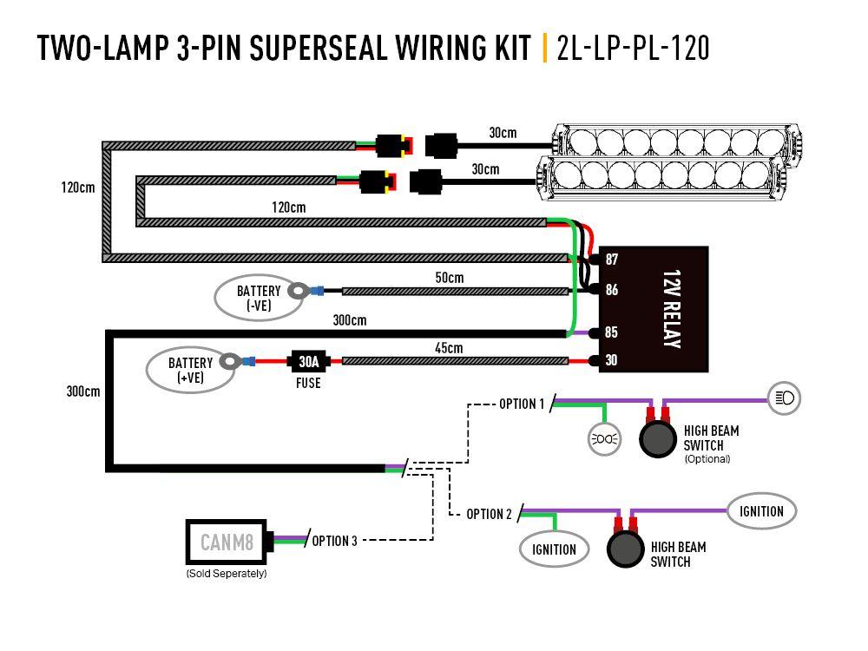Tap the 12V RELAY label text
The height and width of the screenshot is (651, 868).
[x=669, y=310]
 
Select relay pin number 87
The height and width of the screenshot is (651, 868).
[x=612, y=260]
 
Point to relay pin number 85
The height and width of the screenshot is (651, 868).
[x=612, y=332]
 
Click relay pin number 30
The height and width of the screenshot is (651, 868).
[x=612, y=360]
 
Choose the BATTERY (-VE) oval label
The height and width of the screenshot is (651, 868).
[x=259, y=297]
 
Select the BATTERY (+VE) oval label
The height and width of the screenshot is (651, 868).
[x=190, y=370]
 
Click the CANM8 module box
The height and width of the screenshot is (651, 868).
[x=227, y=543]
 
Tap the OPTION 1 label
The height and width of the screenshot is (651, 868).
[x=522, y=404]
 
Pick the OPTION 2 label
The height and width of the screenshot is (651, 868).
[x=489, y=514]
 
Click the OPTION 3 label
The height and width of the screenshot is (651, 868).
[x=334, y=541]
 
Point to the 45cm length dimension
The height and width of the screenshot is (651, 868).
[x=449, y=348]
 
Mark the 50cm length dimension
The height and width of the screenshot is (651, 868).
[x=449, y=278]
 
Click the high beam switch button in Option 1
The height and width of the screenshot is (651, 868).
[x=658, y=439]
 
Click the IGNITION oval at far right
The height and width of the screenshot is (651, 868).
[x=761, y=511]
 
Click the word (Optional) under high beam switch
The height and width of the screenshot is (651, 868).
[x=707, y=459]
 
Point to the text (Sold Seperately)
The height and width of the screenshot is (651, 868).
[x=226, y=574]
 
